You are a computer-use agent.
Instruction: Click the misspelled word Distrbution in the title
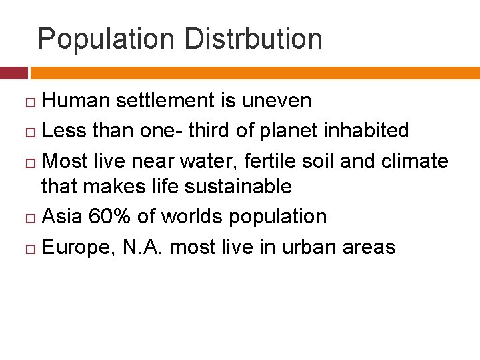point(253,39)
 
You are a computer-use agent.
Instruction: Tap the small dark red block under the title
point(14,73)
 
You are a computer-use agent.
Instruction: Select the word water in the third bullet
point(203,160)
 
